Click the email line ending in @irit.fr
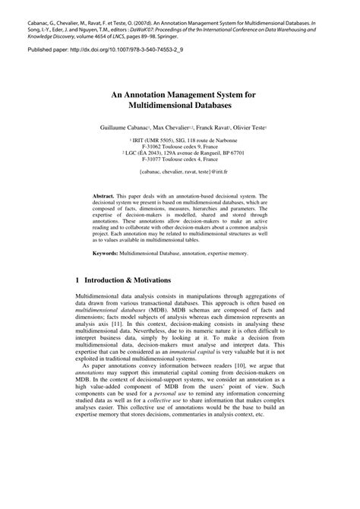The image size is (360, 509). pyautogui.click(x=180, y=172)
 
